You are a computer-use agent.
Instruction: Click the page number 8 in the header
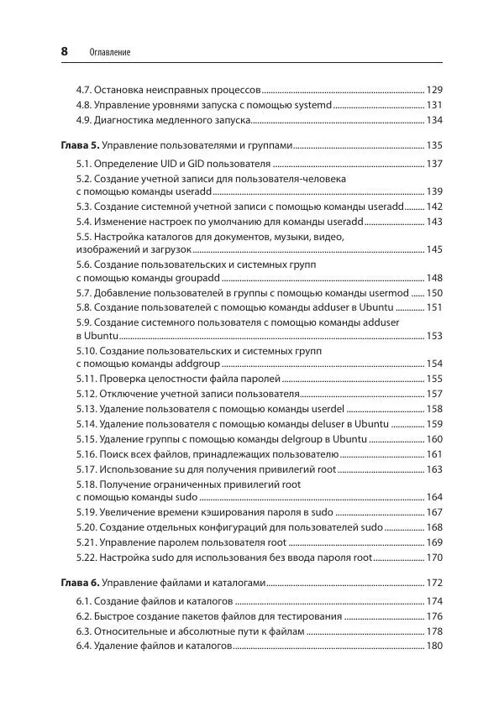click(x=65, y=51)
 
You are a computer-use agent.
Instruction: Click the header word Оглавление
click(x=109, y=53)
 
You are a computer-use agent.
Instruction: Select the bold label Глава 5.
click(x=81, y=144)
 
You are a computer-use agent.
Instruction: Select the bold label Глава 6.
click(x=81, y=582)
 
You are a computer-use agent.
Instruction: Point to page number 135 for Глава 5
click(x=434, y=144)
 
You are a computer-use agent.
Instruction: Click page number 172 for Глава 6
click(x=434, y=582)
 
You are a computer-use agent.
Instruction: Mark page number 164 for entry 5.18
click(x=434, y=496)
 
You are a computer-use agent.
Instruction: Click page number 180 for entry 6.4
click(x=434, y=646)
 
